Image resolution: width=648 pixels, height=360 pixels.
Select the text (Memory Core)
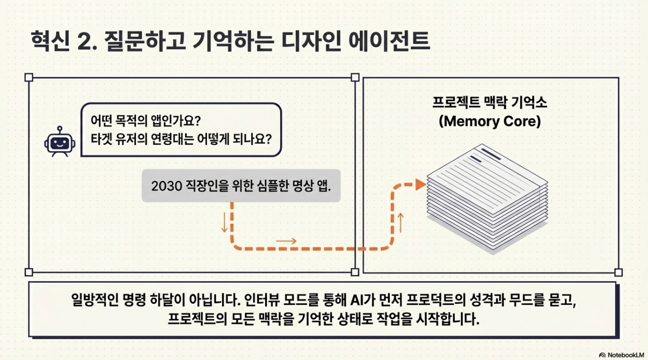click(490, 122)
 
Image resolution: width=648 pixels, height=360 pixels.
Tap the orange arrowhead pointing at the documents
click(419, 185)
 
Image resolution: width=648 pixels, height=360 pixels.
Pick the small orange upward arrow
click(401, 223)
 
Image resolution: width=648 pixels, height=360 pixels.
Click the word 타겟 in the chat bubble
click(102, 138)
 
